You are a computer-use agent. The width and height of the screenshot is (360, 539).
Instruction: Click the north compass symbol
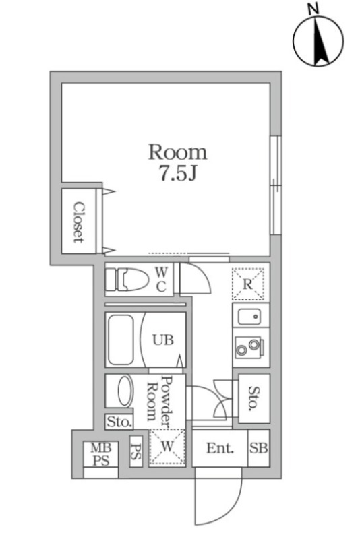click(x=318, y=40)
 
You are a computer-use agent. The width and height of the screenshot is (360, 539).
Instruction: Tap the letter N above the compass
click(x=313, y=9)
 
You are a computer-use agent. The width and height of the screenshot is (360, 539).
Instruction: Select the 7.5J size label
click(x=177, y=173)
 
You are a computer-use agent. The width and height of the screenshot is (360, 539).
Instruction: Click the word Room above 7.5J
click(x=177, y=152)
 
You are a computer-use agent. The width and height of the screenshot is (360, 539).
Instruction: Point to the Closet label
click(x=79, y=222)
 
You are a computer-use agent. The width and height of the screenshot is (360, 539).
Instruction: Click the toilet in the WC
click(x=127, y=280)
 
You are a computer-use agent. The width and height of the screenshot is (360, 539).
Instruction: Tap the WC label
click(x=161, y=280)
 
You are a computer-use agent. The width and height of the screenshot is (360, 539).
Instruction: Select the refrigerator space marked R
click(x=247, y=284)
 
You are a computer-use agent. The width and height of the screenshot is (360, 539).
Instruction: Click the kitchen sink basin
click(x=249, y=316)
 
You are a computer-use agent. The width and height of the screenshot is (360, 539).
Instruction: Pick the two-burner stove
click(x=249, y=347)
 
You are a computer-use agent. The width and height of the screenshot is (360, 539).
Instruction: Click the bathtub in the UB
click(x=121, y=340)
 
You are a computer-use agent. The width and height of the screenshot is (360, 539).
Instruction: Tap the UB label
click(x=163, y=340)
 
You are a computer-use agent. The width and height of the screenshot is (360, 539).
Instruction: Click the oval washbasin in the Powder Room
click(x=125, y=391)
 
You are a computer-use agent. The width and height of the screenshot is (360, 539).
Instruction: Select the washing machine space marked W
click(x=167, y=447)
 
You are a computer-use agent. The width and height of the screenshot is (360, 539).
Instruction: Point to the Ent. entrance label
click(x=220, y=448)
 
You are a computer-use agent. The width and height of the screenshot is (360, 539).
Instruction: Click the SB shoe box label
click(x=259, y=448)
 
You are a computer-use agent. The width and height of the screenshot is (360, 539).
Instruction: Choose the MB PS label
click(x=101, y=453)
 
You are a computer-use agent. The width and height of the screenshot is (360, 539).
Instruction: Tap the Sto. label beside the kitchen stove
click(x=254, y=398)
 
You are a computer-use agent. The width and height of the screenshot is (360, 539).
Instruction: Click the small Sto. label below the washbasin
click(x=119, y=422)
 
